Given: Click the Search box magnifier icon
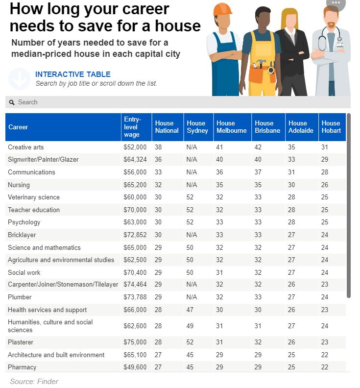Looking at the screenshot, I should tap(12, 102).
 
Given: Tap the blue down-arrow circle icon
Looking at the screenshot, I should tap(19, 79).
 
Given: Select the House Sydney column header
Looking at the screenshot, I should tap(196, 127).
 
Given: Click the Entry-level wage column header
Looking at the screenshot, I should tap(132, 127).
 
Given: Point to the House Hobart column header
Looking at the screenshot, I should tap(331, 127).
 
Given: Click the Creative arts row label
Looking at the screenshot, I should tap(26, 147).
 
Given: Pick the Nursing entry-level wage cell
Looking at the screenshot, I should tap(134, 185).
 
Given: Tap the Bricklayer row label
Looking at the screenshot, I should tap(22, 235).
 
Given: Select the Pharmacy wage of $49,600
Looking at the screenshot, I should tap(134, 367).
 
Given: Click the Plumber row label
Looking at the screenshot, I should tap(20, 297).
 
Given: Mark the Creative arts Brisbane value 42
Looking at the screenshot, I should tap(259, 147).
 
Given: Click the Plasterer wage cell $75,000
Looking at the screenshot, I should tap(134, 342).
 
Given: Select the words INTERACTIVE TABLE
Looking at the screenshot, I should tap(73, 74).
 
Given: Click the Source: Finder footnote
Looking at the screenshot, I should tap(34, 381).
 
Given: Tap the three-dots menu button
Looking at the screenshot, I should tap(336, 3).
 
